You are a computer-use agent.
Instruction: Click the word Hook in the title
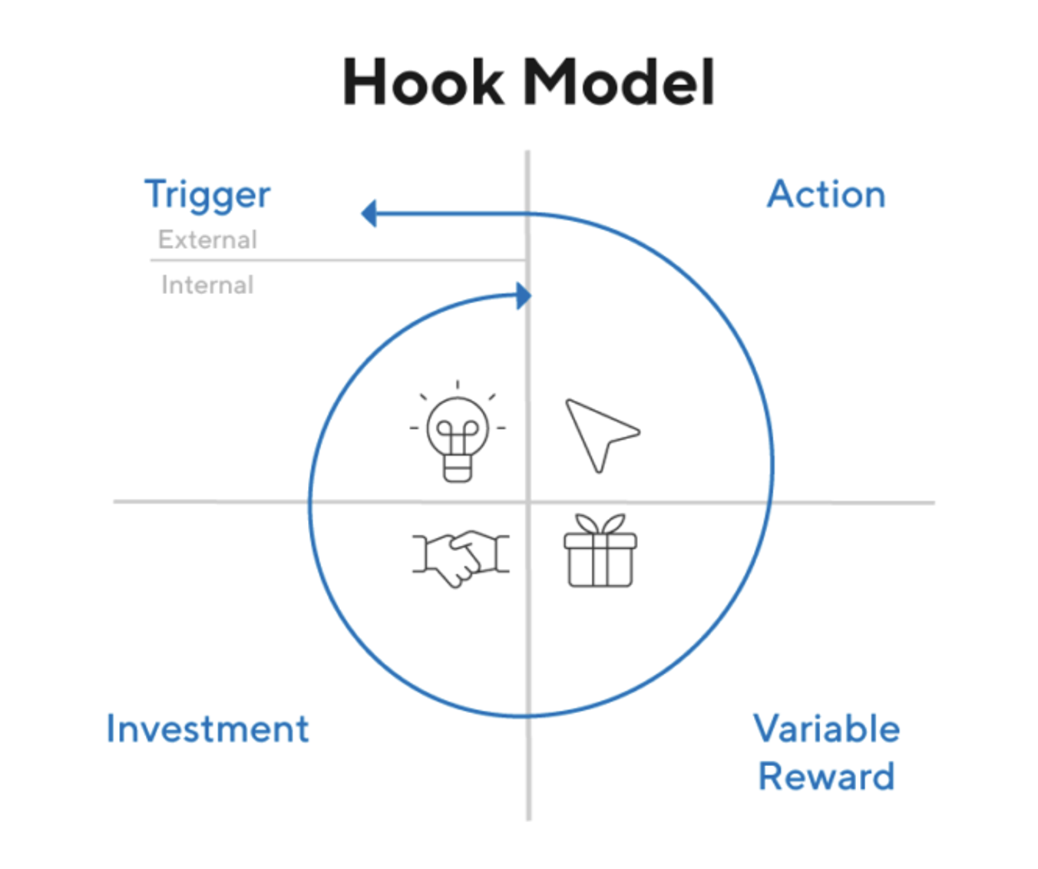[423, 82]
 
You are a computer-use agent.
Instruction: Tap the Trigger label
[207, 195]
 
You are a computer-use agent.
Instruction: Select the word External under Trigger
[207, 240]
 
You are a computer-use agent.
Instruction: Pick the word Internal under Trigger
[207, 285]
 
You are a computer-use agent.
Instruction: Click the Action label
[826, 194]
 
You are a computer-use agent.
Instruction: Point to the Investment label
[207, 729]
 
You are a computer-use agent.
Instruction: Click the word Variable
[826, 729]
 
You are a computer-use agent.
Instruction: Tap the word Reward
[826, 776]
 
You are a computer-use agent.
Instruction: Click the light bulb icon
[458, 434]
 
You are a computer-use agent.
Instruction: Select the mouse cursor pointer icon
[599, 433]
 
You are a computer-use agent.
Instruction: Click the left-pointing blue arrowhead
[369, 213]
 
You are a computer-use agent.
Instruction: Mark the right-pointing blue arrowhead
[524, 296]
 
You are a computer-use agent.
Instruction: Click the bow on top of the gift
[600, 524]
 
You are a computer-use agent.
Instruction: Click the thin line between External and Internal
[338, 261]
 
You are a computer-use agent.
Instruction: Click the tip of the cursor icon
[568, 401]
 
